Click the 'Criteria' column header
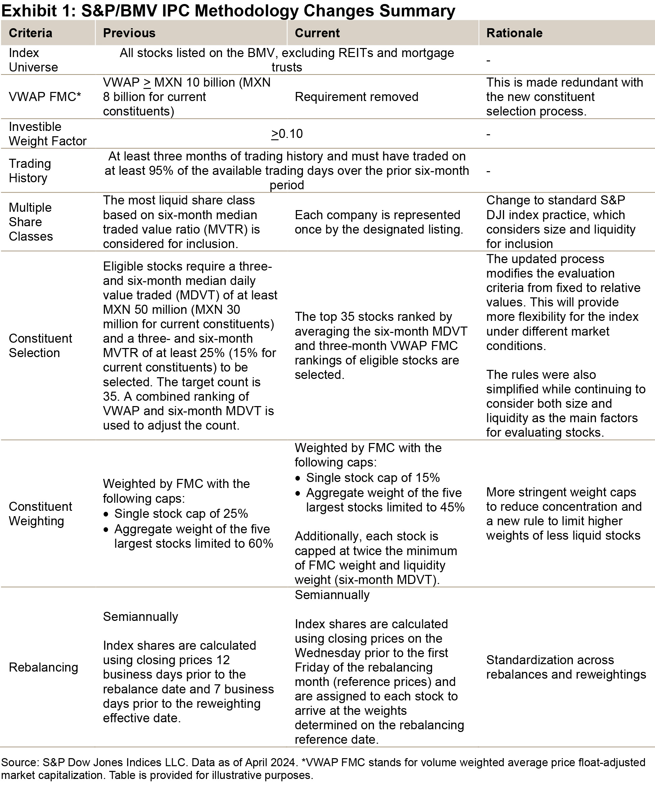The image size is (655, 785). (x=30, y=33)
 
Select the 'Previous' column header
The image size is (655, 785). (x=129, y=33)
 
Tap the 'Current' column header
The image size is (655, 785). (x=317, y=33)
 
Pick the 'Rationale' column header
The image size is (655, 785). (x=514, y=33)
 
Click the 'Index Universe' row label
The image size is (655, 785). (x=33, y=60)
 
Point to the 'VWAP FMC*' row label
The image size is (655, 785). (x=45, y=97)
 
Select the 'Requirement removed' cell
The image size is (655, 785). (x=356, y=97)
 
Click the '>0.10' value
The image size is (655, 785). (x=287, y=134)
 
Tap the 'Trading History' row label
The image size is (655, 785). (x=30, y=170)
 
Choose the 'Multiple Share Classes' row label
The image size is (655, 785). (x=31, y=222)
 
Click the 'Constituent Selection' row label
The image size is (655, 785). (x=40, y=345)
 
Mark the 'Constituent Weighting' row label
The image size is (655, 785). (x=40, y=513)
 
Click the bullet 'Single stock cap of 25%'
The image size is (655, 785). (x=181, y=513)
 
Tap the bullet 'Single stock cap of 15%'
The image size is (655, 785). (x=373, y=477)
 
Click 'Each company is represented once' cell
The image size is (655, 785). (x=379, y=222)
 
